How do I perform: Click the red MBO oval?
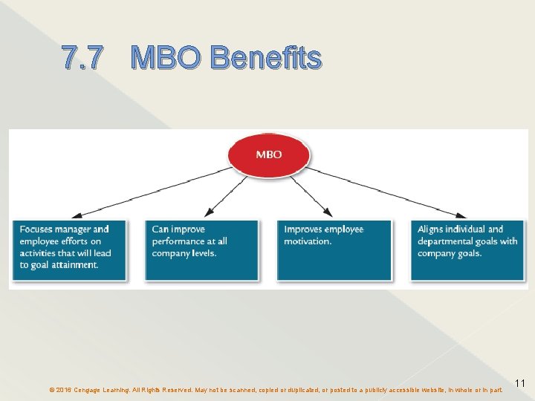269,154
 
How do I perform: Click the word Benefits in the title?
265,58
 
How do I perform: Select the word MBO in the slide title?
167,58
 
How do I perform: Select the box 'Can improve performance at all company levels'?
201,250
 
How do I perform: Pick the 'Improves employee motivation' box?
334,250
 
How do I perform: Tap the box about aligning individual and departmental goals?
467,250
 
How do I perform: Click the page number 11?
520,383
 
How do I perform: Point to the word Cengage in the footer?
90,389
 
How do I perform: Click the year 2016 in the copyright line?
62,389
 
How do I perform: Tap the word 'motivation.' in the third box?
308,241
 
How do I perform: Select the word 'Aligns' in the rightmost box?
432,229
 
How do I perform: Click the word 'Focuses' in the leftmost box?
36,229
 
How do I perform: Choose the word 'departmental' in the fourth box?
446,241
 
